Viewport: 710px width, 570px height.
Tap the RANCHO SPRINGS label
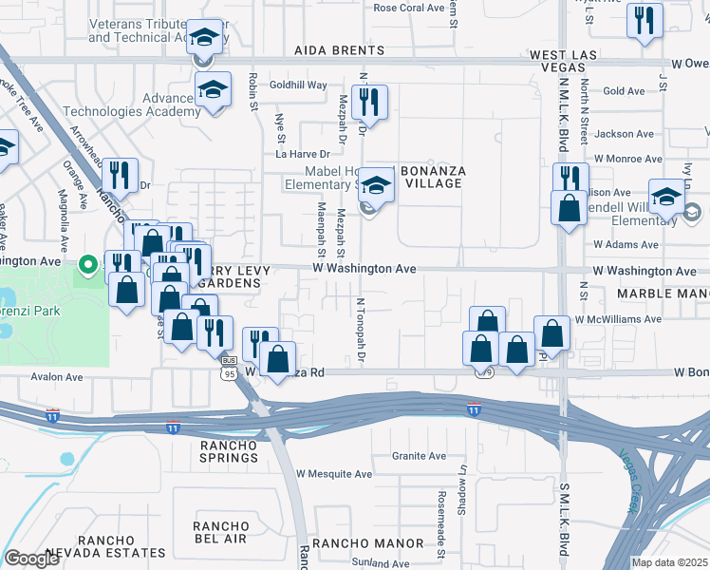click(229, 450)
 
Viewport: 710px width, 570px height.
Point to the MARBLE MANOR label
click(663, 294)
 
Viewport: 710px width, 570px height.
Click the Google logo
click(31, 559)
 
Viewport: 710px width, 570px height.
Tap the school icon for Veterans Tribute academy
click(203, 40)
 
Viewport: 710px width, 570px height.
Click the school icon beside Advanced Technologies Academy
click(214, 91)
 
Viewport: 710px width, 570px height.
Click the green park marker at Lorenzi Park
click(87, 264)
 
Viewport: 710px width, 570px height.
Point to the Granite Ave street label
click(419, 456)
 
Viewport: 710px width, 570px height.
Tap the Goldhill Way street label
click(298, 85)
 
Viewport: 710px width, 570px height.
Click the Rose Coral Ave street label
click(408, 8)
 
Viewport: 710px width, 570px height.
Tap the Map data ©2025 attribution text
click(669, 562)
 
